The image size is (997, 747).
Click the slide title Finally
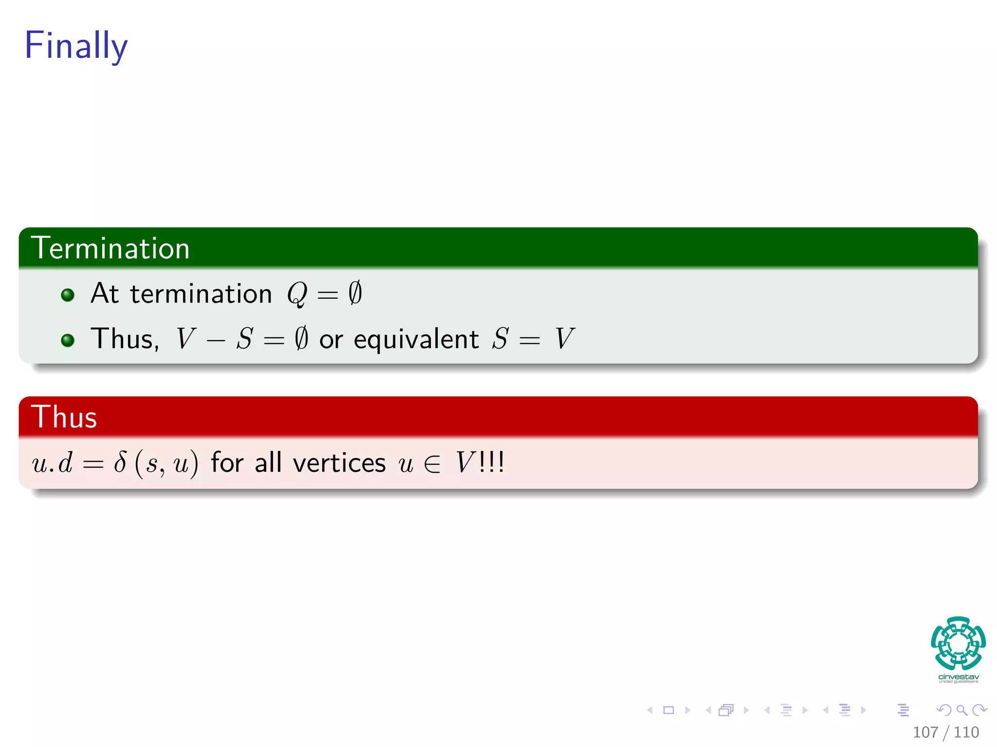point(76,45)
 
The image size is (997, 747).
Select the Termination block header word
point(110,248)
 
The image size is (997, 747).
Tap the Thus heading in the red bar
point(64,417)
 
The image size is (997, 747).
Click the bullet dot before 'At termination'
point(68,295)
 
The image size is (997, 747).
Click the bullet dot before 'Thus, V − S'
point(68,340)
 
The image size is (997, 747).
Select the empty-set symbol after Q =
point(355,293)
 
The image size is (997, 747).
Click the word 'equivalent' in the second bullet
point(416,339)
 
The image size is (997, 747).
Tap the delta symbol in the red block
point(120,462)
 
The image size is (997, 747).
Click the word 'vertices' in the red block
point(339,462)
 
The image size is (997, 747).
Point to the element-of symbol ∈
point(432,463)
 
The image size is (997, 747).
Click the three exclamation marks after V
point(492,462)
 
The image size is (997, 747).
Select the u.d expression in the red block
point(53,462)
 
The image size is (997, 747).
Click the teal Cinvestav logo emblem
point(958,643)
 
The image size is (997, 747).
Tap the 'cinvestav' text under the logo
point(958,677)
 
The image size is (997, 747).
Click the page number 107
point(925,732)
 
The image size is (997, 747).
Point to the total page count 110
point(966,732)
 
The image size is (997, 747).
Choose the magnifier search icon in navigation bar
point(961,710)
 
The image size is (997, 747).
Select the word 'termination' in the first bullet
point(201,294)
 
